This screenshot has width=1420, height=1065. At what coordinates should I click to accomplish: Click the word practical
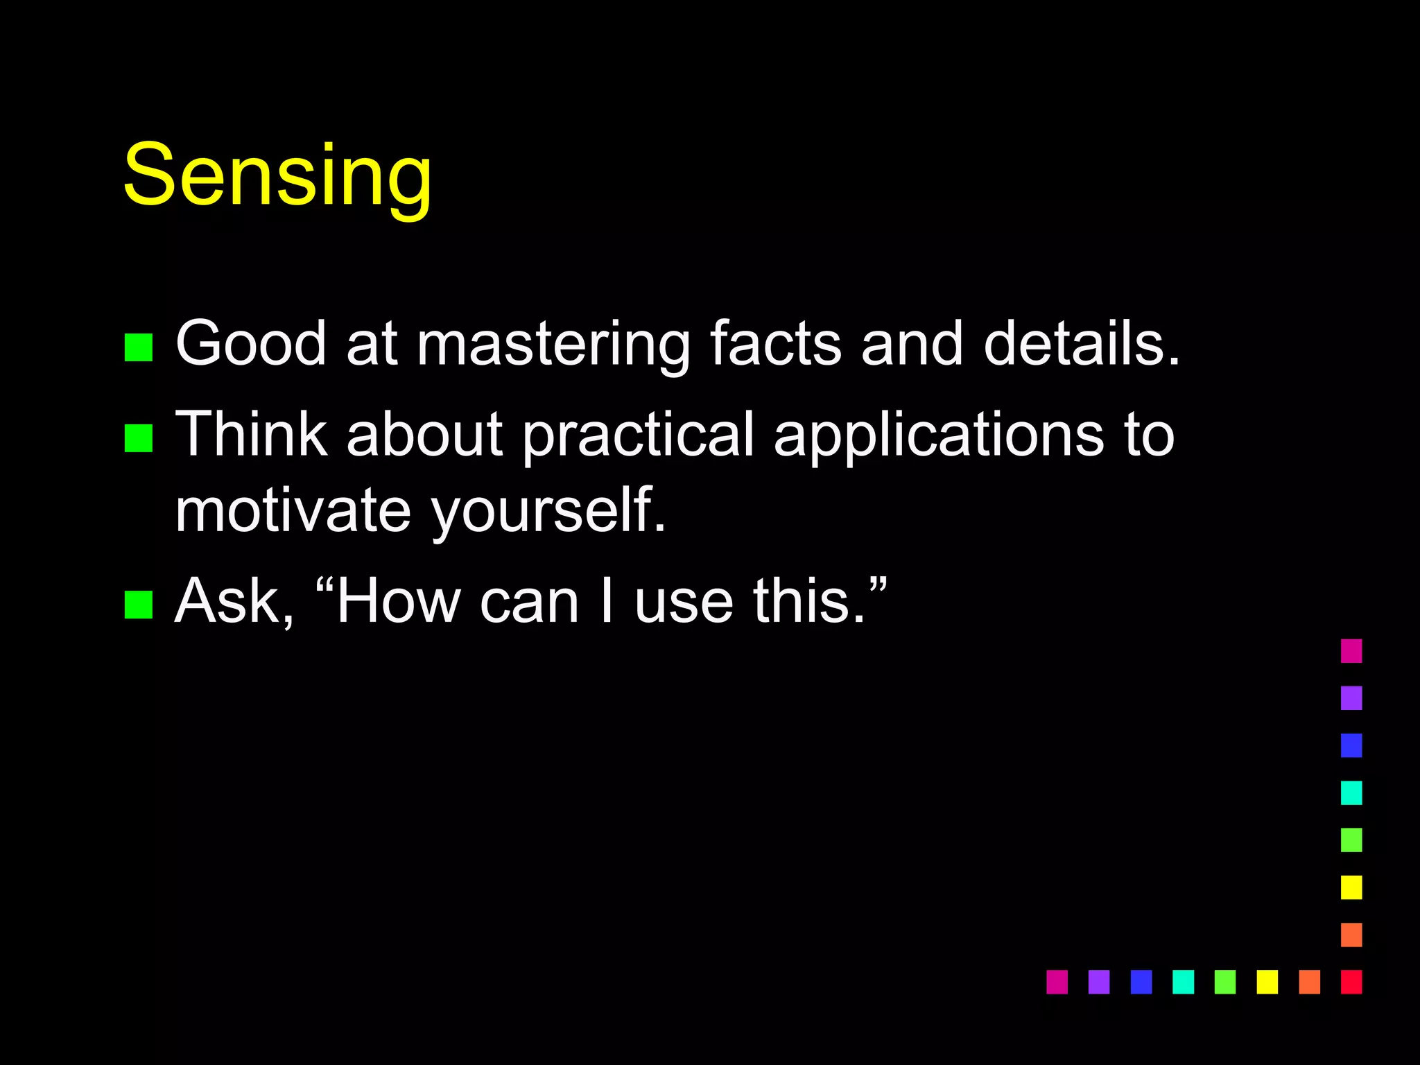[638, 435]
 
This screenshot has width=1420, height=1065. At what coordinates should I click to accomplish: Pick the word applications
[938, 435]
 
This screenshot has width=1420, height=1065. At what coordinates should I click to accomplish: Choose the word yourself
[548, 512]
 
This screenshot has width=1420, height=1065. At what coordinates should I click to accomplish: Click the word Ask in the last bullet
[234, 601]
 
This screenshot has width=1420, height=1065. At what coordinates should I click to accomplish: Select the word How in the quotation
[398, 601]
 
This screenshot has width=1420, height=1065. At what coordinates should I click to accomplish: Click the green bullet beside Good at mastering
[139, 347]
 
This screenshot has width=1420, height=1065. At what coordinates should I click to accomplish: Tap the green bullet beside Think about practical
[139, 438]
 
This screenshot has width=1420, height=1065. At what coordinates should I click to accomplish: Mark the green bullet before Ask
[139, 604]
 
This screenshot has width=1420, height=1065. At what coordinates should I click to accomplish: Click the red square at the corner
[1351, 982]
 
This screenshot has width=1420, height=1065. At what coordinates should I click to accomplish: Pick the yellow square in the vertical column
[1351, 887]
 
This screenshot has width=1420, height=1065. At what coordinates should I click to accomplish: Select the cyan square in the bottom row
[1183, 982]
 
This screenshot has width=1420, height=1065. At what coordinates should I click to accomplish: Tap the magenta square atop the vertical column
[1351, 651]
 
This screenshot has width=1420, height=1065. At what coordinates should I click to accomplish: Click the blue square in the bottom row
[1141, 982]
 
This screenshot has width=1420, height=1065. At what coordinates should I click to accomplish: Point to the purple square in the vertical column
[1351, 698]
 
